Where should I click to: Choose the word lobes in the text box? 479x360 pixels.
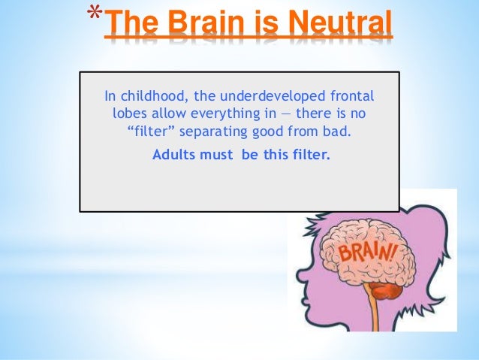tap(129, 114)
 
